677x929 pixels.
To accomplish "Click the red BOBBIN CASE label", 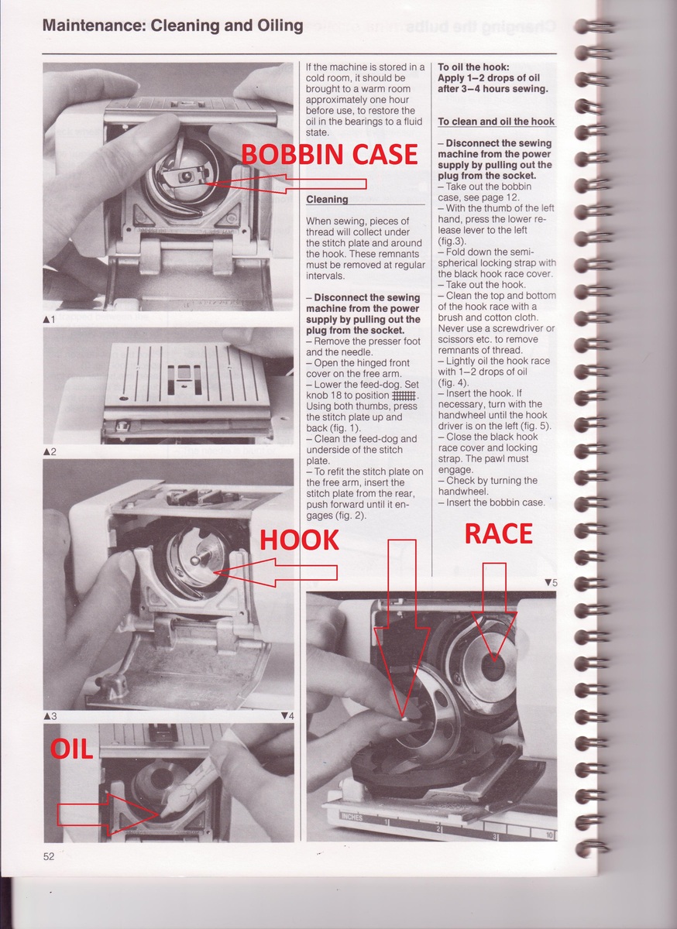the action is click(329, 154).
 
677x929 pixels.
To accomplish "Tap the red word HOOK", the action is click(299, 540).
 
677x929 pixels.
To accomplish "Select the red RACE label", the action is click(499, 533).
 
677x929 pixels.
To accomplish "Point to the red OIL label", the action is click(71, 749).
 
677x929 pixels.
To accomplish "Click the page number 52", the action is click(49, 856).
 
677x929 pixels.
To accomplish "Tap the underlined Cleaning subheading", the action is click(327, 200).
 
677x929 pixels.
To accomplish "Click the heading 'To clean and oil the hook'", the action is click(496, 122).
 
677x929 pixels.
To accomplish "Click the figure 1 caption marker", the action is click(49, 319).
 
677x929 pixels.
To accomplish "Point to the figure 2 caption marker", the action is click(50, 451).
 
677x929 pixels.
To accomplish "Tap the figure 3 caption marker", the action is click(50, 716).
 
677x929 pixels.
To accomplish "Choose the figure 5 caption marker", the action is click(552, 583).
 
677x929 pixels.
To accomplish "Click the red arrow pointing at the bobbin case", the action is click(287, 183).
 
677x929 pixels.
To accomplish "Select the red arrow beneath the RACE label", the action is click(494, 612).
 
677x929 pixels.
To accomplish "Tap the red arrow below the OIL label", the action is click(108, 814).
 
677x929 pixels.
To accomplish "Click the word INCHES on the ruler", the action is click(352, 817).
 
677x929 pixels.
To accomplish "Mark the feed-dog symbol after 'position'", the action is click(404, 396).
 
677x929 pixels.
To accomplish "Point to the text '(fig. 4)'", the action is click(453, 382).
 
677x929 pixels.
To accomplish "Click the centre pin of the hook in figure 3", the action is click(194, 560).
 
